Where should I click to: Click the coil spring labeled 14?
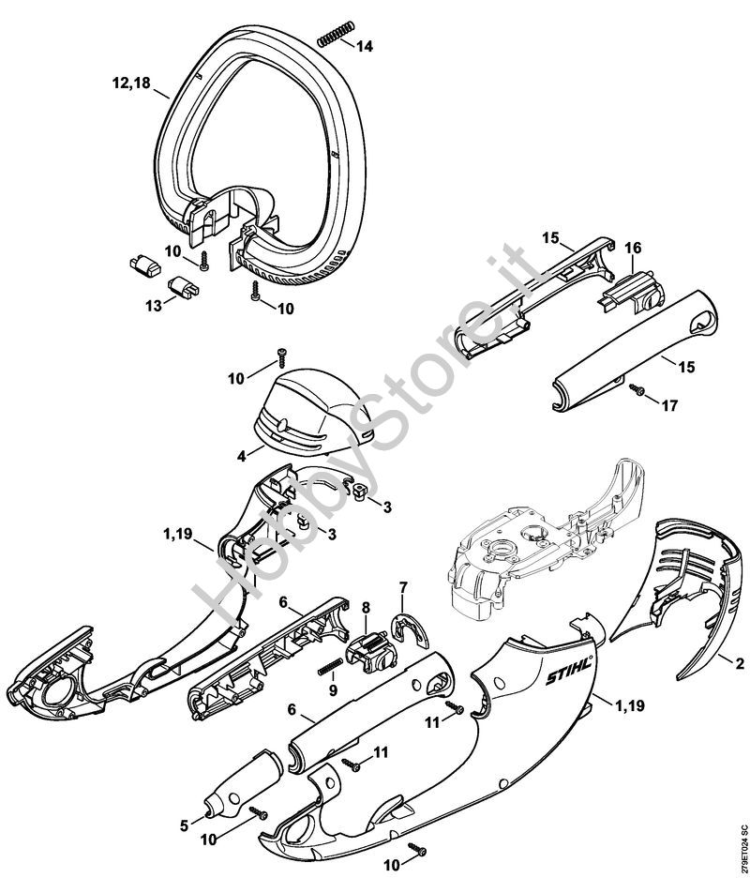336,34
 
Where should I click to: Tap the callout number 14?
365,47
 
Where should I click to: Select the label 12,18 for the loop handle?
131,83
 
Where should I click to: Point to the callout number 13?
154,306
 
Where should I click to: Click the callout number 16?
633,248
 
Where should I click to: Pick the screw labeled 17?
637,388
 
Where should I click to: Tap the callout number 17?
669,405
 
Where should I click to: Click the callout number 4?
241,456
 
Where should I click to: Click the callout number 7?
403,588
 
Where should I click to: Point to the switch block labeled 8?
370,652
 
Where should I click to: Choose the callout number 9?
333,690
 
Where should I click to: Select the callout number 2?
740,664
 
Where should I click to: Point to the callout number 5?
185,825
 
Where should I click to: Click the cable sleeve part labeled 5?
242,780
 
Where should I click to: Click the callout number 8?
366,608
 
